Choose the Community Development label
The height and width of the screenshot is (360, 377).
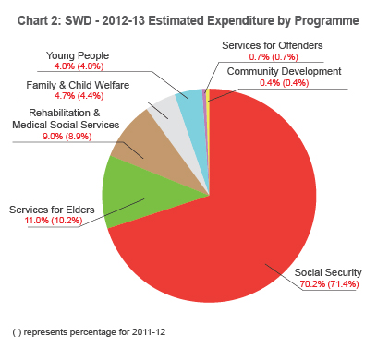point(285,71)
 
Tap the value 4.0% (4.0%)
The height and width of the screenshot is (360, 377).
point(79,66)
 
